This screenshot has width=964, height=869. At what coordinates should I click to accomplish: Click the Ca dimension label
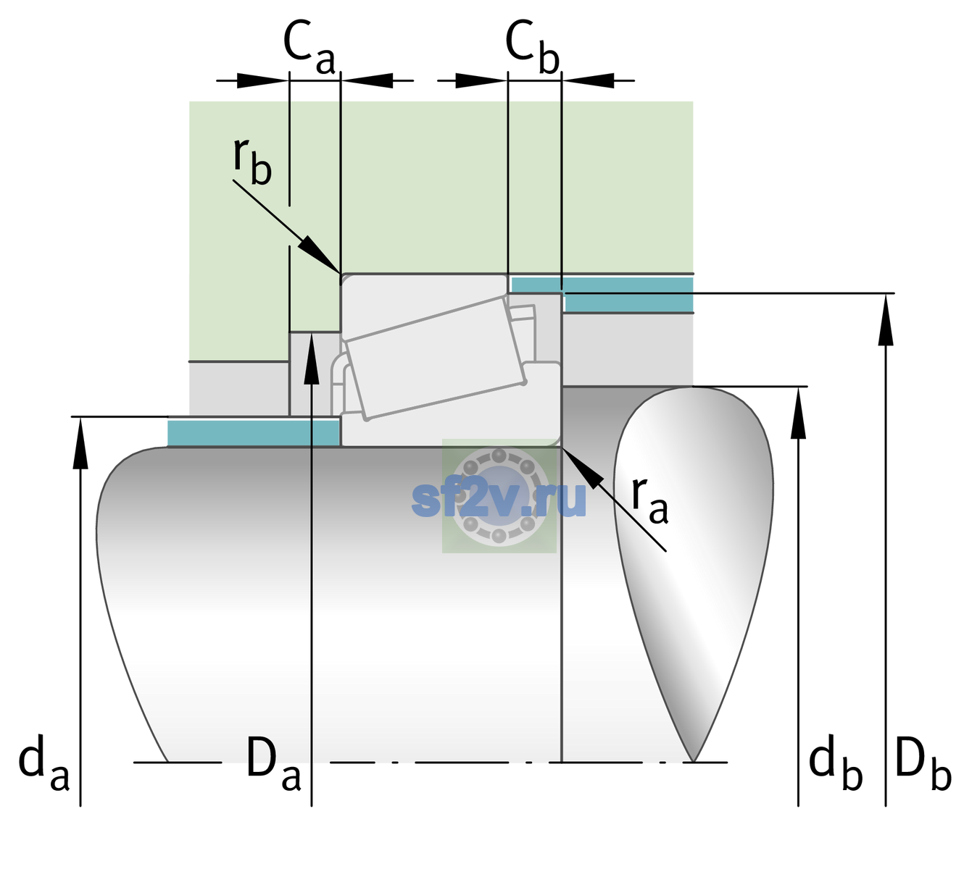click(x=309, y=49)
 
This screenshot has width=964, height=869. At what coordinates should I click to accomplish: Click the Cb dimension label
click(x=533, y=49)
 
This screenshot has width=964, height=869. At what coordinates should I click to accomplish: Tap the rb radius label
click(x=252, y=161)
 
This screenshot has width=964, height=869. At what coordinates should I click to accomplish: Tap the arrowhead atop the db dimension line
click(x=798, y=413)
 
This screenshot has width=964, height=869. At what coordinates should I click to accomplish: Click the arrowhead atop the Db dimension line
click(x=886, y=319)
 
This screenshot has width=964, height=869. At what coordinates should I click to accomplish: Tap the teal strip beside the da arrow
click(x=253, y=433)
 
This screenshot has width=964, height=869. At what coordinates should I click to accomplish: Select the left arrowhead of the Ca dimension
click(x=262, y=80)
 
